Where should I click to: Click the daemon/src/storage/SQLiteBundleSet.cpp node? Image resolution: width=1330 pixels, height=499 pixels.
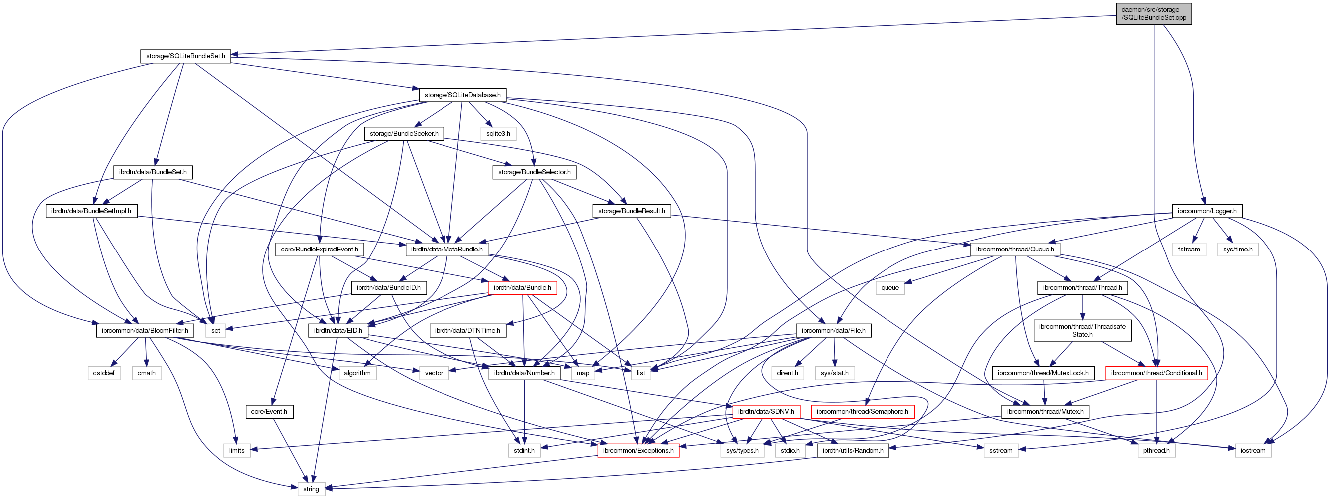[x=1153, y=14]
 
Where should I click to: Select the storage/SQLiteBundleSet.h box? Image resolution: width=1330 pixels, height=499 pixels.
[x=185, y=56]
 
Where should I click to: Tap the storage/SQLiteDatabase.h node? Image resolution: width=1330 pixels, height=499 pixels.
[x=462, y=95]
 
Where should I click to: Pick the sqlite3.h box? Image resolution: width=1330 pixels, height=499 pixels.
[x=498, y=134]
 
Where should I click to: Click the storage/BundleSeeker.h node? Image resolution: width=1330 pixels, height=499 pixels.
[x=404, y=134]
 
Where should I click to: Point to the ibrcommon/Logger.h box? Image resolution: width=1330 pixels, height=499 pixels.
[x=1207, y=211]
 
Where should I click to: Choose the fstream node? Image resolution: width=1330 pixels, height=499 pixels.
[x=1189, y=249]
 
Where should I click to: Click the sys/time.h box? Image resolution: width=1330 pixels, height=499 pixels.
[x=1238, y=249]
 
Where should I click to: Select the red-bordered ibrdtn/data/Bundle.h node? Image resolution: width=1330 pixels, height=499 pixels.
[x=522, y=288]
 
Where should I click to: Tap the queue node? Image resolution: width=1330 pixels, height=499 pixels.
[x=889, y=288]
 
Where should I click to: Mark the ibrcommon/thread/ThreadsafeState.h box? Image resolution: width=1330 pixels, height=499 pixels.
[x=1082, y=330]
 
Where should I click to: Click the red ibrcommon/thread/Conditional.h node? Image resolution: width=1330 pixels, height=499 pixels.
[x=1156, y=373]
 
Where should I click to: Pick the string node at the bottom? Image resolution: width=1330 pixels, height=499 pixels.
[x=311, y=489]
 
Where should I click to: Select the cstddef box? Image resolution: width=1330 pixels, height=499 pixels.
[x=104, y=373]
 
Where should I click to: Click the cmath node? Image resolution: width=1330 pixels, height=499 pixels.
[x=147, y=373]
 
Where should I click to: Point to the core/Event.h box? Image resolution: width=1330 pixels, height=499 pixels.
[x=269, y=412]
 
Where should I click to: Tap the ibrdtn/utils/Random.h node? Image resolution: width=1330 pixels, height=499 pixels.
[x=853, y=451]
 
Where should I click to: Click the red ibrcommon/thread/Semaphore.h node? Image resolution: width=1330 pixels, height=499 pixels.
[x=862, y=412]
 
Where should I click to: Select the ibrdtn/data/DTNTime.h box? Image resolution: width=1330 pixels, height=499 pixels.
[x=467, y=330]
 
